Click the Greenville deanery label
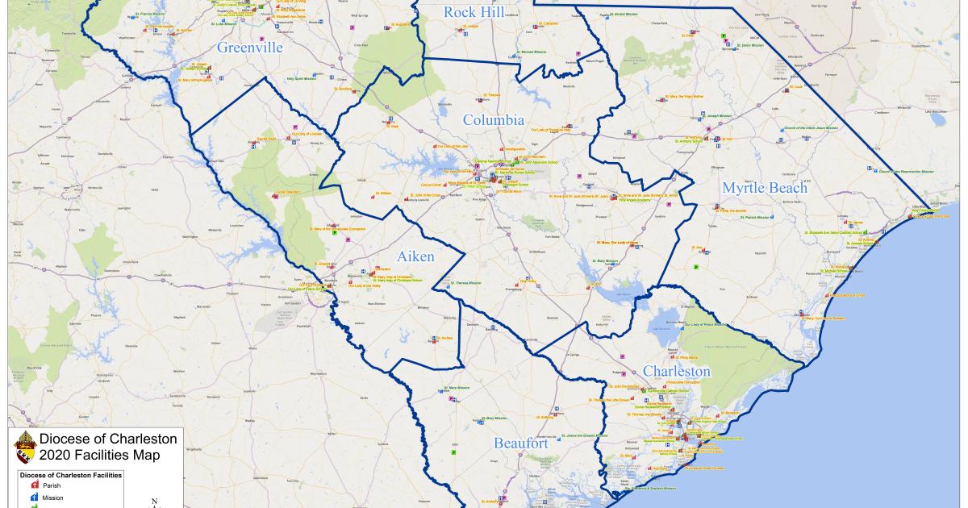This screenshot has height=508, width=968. click(250, 48)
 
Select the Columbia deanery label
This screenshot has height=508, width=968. click(494, 120)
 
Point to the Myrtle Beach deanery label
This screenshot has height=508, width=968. click(765, 188)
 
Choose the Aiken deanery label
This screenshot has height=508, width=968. click(415, 256)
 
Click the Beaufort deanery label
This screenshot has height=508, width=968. click(521, 443)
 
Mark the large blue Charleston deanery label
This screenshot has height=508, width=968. click(677, 371)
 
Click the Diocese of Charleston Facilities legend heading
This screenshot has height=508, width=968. click(70, 476)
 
